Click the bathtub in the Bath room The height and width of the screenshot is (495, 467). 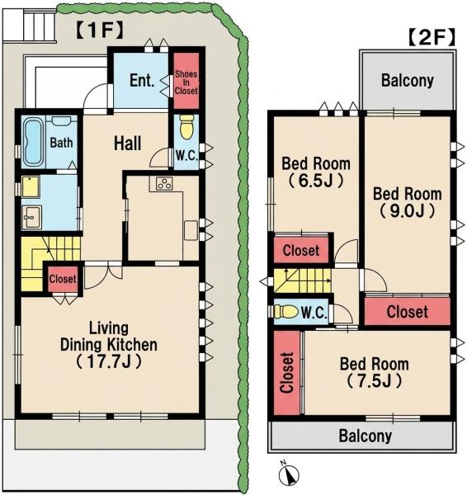click(x=33, y=142)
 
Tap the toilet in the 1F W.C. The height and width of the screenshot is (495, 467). click(x=186, y=126)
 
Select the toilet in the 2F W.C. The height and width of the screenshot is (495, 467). click(x=285, y=312)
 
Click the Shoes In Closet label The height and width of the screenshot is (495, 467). click(x=186, y=82)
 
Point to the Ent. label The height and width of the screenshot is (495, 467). click(x=142, y=81)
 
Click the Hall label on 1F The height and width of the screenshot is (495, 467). click(x=127, y=144)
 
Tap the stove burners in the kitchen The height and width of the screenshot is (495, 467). click(x=164, y=184)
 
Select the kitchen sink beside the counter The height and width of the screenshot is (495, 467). click(x=191, y=230)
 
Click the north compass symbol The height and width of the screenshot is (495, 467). click(x=288, y=473)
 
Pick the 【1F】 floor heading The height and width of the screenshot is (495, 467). click(x=100, y=30)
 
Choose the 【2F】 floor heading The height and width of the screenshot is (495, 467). click(x=432, y=37)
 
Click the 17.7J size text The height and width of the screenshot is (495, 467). click(x=109, y=362)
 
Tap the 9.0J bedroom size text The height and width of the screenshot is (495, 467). click(x=407, y=211)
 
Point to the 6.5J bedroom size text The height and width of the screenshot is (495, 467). click(x=316, y=181)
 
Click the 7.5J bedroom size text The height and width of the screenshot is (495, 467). click(x=374, y=381)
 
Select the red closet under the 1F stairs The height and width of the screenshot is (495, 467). click(x=63, y=279)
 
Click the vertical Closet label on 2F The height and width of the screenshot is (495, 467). click(x=286, y=373)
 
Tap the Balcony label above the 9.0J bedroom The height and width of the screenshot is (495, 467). click(x=408, y=81)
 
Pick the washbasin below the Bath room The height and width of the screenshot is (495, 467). click(x=31, y=217)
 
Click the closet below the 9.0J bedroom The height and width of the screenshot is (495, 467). click(x=408, y=311)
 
